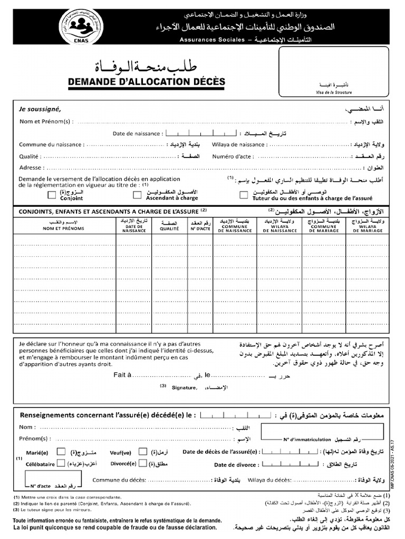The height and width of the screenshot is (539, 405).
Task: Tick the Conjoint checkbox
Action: tap(52, 195)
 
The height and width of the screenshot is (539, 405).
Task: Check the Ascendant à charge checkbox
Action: tap(137, 195)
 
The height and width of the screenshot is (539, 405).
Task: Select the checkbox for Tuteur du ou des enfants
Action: tap(244, 195)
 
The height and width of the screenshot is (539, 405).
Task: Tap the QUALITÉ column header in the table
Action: tap(169, 229)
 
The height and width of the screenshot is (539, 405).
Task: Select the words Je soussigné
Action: tap(40, 109)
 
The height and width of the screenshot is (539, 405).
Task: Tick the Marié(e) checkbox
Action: tap(61, 451)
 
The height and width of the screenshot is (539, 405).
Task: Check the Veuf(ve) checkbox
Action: tap(143, 451)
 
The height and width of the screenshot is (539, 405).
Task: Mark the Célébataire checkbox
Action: tap(61, 463)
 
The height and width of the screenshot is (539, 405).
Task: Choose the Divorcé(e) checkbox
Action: tap(143, 463)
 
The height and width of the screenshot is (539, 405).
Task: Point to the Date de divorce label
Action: tap(236, 465)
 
